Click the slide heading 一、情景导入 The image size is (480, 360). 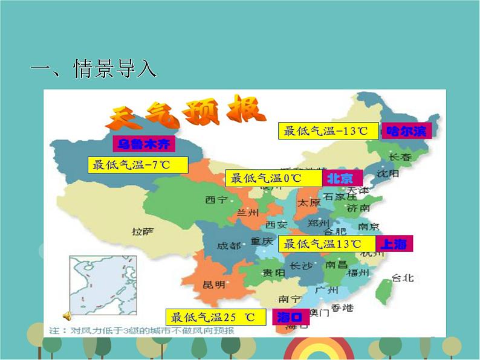coord(94,68)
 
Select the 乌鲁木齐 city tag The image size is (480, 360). coord(143,144)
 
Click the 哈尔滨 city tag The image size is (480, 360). coord(406,130)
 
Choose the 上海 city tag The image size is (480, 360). coord(394,243)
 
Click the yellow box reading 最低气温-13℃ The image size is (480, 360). coord(329,130)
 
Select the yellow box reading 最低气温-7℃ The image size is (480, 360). coord(138,165)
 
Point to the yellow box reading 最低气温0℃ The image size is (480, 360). coord(273,178)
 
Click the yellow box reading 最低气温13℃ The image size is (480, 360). coord(326,243)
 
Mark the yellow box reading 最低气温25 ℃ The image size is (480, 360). coord(217,317)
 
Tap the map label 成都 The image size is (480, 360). coord(229,246)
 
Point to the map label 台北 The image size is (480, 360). coord(403,278)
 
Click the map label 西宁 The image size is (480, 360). coord(216,200)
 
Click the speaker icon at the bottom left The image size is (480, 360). coord(67,315)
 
